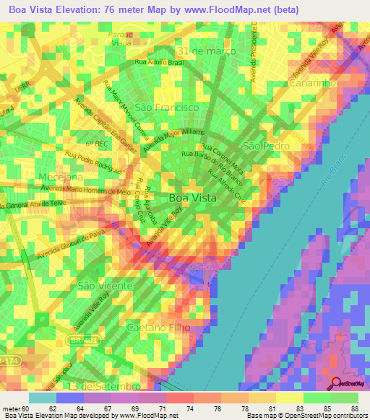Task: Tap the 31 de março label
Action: tap(206, 51)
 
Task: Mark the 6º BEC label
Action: tap(96, 144)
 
